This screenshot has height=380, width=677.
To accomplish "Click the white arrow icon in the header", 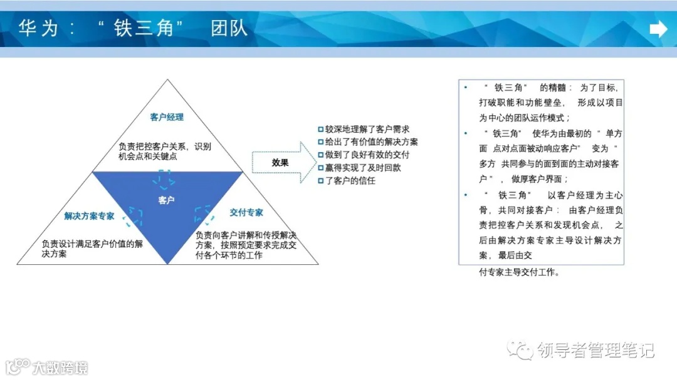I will (x=658, y=29).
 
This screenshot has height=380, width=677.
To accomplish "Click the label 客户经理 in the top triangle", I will (x=167, y=117).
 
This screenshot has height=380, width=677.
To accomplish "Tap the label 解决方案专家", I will (x=90, y=216).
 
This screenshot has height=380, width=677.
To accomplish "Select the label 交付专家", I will (x=246, y=213).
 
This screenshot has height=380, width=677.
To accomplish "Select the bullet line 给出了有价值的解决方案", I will (x=367, y=141).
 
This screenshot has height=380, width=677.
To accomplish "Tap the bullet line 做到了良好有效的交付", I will (x=363, y=155).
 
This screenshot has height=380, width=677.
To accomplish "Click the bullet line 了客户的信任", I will (x=346, y=180).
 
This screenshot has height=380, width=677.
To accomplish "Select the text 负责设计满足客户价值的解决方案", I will (x=92, y=249).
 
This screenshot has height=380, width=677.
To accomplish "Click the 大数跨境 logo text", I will (x=60, y=367).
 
